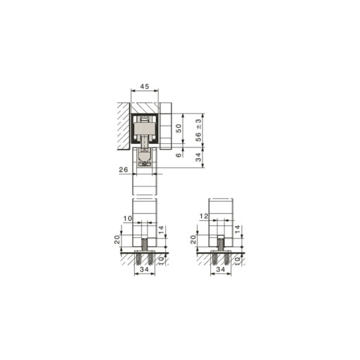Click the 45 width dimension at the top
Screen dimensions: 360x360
pyautogui.click(x=144, y=87)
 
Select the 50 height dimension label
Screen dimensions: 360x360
pyautogui.click(x=179, y=128)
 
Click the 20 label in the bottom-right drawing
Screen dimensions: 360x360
pyautogui.click(x=193, y=239)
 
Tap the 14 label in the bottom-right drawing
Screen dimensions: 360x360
pyautogui.click(x=236, y=230)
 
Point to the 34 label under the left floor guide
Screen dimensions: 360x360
pyautogui.click(x=145, y=269)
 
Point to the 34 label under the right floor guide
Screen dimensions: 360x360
pyautogui.click(x=221, y=269)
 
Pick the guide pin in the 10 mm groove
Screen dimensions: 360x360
pyautogui.click(x=145, y=244)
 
